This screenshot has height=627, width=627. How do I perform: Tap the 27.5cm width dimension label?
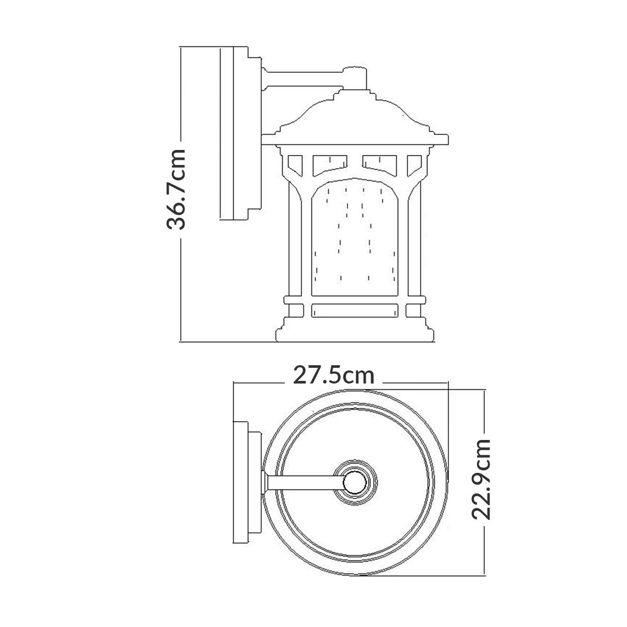[x=333, y=375]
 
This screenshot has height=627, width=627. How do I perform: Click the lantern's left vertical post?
[x=296, y=246]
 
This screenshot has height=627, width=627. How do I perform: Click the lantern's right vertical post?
[x=414, y=246]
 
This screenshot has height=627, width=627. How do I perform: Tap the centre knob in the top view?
[x=357, y=481]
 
